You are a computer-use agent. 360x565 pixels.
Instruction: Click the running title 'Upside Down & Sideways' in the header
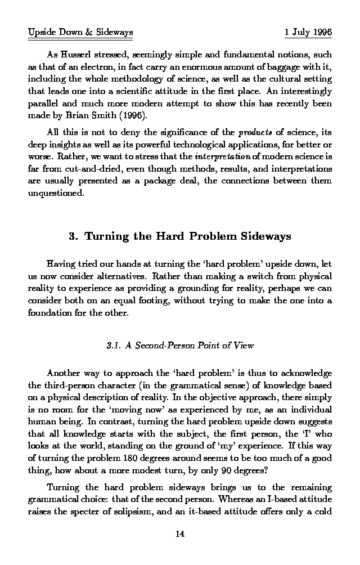[x=80, y=32]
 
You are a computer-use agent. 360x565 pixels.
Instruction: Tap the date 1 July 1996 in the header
[x=308, y=32]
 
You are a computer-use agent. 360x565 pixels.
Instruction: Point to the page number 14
[x=180, y=534]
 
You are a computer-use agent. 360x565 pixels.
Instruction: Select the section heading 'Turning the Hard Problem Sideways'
[x=187, y=236]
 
